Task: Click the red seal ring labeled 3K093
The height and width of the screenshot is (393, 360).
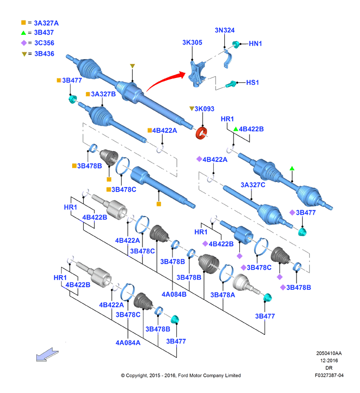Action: coord(201,133)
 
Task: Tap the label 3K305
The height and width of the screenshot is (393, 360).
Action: coord(192,42)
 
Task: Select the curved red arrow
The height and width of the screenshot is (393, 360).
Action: coord(165,80)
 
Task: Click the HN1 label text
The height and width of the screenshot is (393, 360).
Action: coord(255,44)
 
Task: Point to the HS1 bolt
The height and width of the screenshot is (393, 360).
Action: coord(231,84)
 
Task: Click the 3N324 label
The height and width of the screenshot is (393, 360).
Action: coord(225,31)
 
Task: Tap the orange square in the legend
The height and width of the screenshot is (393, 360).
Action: coord(24,23)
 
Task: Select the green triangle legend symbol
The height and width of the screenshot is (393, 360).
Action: coord(24,33)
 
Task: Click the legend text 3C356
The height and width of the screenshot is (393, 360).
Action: coord(45,43)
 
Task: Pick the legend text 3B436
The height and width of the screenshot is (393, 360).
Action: coord(45,54)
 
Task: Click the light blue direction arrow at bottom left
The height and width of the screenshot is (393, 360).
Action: coord(47,355)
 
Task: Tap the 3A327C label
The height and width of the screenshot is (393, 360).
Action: coord(253,185)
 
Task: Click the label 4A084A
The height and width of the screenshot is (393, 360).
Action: coord(128,343)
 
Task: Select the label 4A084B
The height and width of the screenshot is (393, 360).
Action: coord(174,294)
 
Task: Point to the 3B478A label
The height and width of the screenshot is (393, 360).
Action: coord(223,295)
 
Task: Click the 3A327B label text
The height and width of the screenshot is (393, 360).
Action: coord(103,94)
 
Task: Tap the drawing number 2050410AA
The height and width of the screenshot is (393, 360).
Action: coord(329,353)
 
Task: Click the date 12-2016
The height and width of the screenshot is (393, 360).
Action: coord(329,361)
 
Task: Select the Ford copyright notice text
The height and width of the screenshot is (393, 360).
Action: coord(181,376)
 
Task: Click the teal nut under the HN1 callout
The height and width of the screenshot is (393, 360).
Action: coord(236,45)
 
